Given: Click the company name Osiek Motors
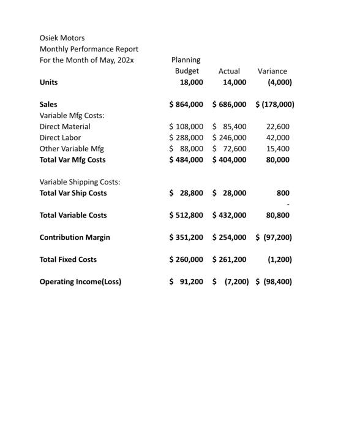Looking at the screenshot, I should click(x=62, y=38).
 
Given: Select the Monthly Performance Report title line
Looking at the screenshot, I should click(x=89, y=49).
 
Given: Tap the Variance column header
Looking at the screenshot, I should click(x=272, y=71).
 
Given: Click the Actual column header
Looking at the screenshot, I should click(x=229, y=71).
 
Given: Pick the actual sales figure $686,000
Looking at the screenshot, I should click(x=229, y=104).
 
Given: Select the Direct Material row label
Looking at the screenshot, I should click(x=65, y=126).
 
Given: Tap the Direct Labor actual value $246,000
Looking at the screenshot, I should click(x=229, y=137).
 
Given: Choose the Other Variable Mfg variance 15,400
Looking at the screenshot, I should click(x=279, y=148).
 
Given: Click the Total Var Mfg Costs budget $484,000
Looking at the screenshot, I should click(x=186, y=159).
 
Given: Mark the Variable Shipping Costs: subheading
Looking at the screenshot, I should click(x=80, y=182).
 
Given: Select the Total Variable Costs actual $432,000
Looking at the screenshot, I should click(x=229, y=215).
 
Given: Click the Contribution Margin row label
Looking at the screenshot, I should click(x=75, y=237).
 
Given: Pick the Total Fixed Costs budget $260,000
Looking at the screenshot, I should click(x=186, y=259).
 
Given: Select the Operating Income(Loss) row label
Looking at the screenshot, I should click(x=80, y=282).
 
